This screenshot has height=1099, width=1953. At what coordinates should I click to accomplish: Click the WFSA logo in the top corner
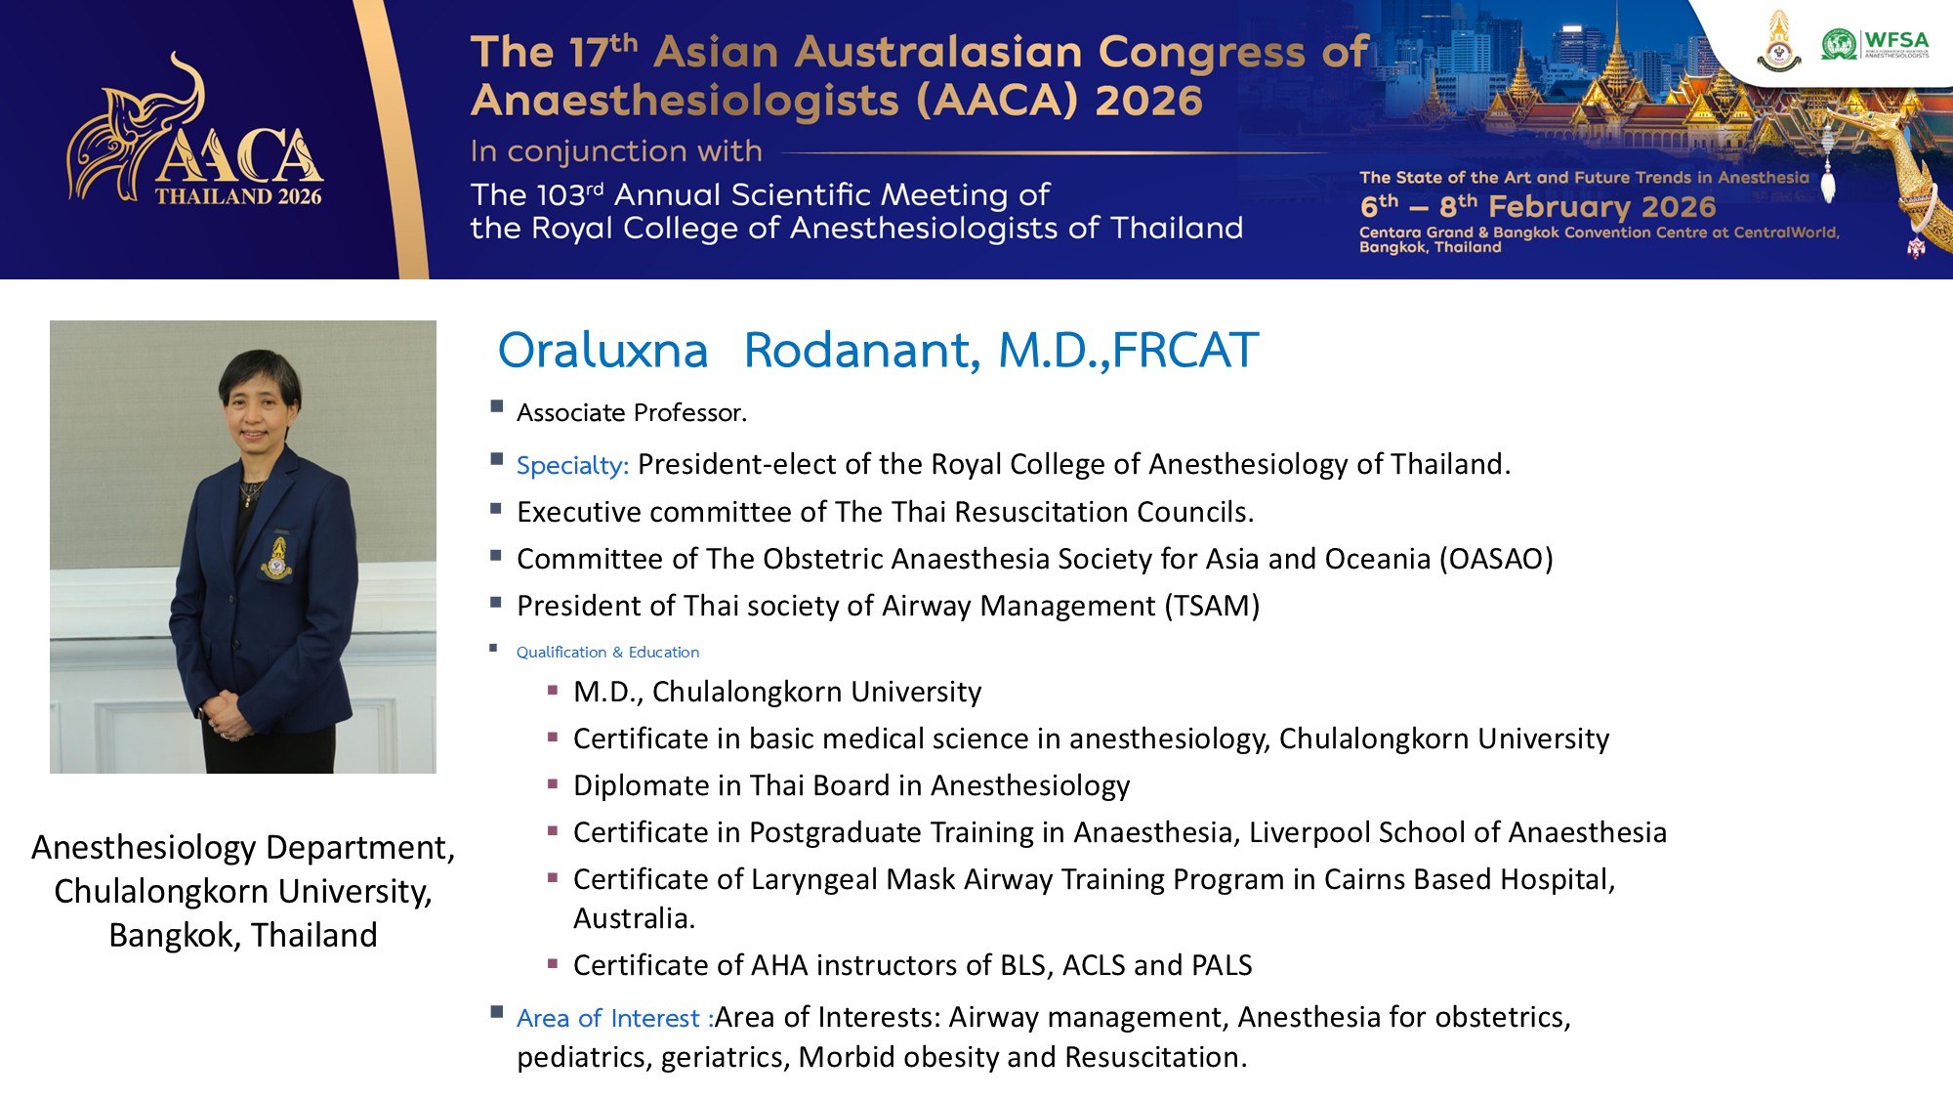[x=1875, y=44]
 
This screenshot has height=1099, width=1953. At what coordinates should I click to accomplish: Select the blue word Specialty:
[x=572, y=465]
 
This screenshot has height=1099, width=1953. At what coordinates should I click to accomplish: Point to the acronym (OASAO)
[x=1496, y=559]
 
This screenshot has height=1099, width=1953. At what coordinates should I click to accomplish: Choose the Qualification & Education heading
[x=607, y=652]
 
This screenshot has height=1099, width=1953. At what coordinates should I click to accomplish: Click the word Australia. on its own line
[x=635, y=918]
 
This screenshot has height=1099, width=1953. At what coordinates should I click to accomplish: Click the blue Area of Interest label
[x=614, y=1018]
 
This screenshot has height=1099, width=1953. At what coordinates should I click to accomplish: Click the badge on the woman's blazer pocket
[x=277, y=558]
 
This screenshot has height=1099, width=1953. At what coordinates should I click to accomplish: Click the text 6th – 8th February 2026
[x=1538, y=206]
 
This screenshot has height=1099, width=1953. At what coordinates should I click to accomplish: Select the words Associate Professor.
[x=632, y=412]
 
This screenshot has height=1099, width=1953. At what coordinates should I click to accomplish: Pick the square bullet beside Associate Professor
[x=497, y=406]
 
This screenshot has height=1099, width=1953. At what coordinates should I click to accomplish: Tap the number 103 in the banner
[x=561, y=194]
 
